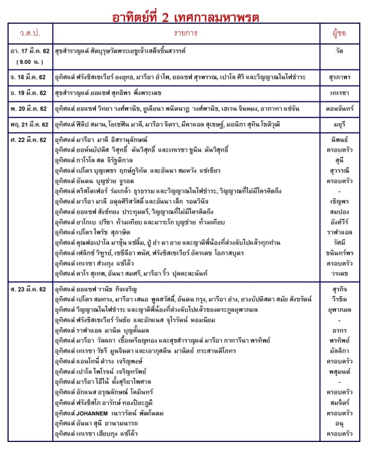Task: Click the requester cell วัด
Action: (339, 52)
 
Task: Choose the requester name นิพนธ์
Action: (339, 140)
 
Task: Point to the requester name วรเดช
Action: (339, 272)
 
